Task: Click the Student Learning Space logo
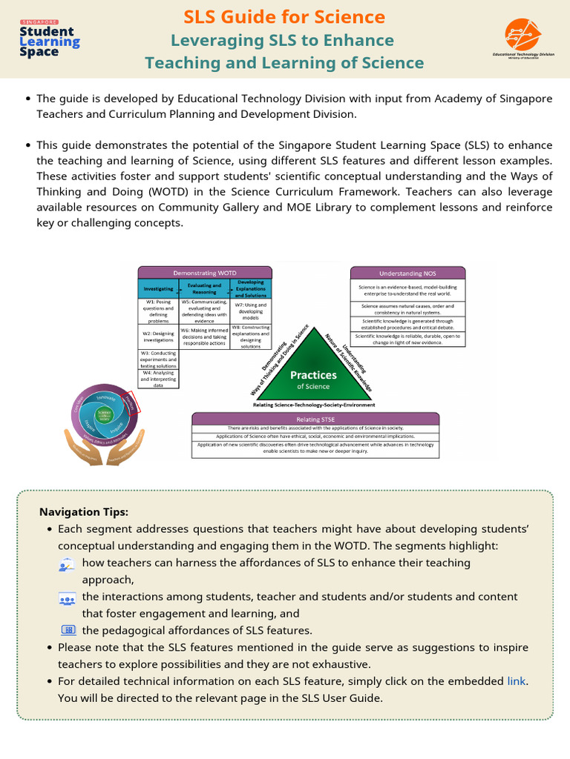[49, 39]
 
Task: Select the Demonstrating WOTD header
[205, 273]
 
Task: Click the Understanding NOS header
[407, 273]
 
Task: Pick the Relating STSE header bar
[317, 419]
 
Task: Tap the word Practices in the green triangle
[313, 375]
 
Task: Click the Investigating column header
[159, 288]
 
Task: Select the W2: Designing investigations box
[159, 337]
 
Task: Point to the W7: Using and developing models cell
[250, 311]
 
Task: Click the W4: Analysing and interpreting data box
[159, 379]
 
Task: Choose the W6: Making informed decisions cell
[204, 337]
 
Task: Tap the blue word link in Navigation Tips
[517, 680]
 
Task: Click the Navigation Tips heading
[83, 512]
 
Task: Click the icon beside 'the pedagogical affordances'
[68, 630]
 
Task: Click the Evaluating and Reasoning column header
[204, 288]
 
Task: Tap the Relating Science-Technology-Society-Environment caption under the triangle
[313, 405]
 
